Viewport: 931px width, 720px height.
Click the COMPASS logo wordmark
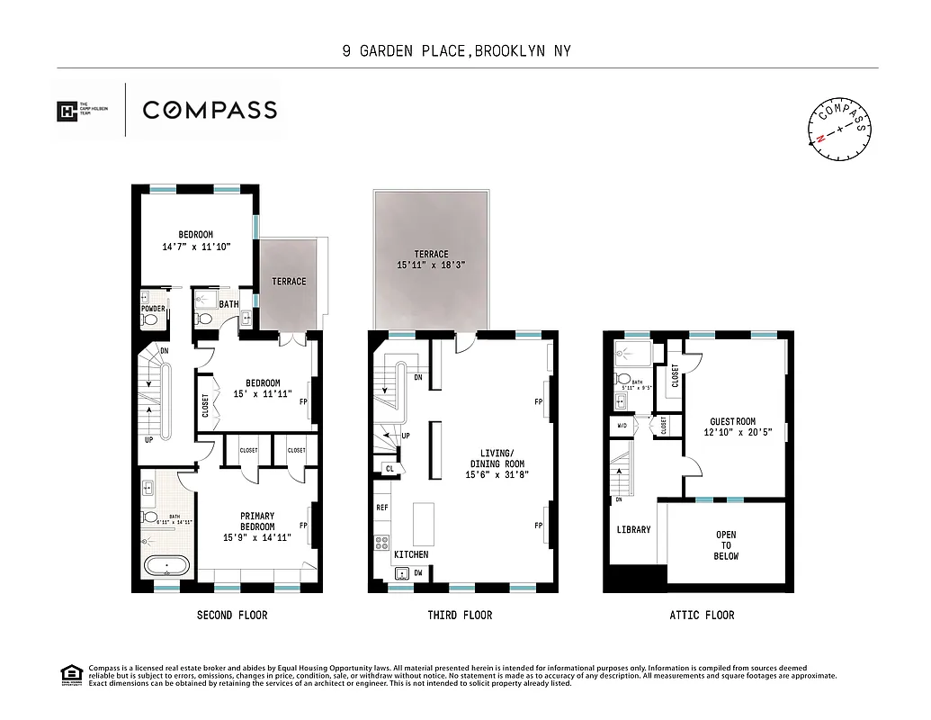coord(210,111)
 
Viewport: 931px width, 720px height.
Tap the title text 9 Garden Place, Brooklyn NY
coord(456,51)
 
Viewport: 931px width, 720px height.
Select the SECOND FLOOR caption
coord(232,616)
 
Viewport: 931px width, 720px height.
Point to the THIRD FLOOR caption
coord(460,616)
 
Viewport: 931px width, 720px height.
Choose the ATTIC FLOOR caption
coord(702,616)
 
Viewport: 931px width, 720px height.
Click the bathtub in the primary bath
coord(166,568)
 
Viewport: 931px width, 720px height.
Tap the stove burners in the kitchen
coord(381,543)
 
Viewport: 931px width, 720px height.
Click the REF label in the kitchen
coord(381,508)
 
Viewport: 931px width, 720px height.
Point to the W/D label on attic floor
coord(622,424)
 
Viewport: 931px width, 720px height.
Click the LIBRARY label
coord(633,530)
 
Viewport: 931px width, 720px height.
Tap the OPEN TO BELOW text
coord(726,545)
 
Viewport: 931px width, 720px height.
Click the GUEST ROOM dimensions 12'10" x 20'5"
coord(733,432)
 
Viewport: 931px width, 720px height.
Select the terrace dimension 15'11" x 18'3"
coord(432,265)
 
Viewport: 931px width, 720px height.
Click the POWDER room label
coord(152,309)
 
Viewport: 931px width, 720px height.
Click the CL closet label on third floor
coord(389,468)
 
